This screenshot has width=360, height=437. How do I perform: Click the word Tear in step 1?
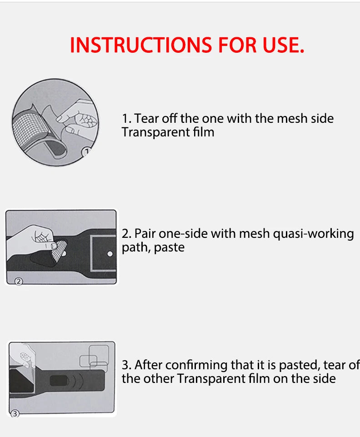[x=146, y=118]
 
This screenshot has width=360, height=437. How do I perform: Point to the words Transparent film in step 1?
[x=168, y=132]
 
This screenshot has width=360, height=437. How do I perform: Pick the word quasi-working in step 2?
[x=313, y=234]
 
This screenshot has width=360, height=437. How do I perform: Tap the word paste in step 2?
[x=169, y=248]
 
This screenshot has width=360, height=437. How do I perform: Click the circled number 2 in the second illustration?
[x=18, y=281]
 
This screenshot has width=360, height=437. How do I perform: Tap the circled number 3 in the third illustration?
[x=15, y=414]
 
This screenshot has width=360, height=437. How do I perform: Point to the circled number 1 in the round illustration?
[x=86, y=152]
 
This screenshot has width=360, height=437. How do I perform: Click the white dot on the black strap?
[x=110, y=254]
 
